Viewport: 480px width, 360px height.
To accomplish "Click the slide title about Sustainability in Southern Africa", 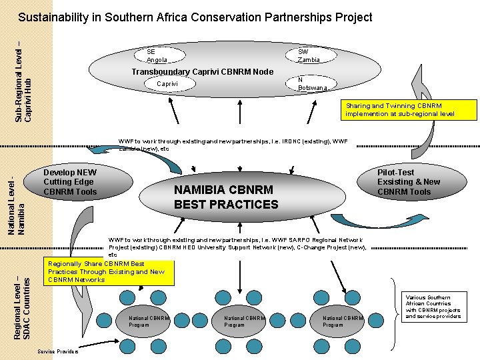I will [195, 18].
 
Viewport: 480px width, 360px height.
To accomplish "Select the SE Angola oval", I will [157, 55].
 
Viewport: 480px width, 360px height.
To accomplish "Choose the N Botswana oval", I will [311, 83].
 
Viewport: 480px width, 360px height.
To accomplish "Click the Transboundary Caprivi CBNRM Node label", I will [203, 71].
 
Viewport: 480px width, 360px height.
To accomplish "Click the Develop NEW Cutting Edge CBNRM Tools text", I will [70, 182].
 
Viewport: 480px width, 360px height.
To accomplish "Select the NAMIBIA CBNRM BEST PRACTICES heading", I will [226, 197].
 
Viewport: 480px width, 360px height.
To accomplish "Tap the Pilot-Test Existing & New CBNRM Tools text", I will [409, 182].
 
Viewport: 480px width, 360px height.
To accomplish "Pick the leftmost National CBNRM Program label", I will [149, 321].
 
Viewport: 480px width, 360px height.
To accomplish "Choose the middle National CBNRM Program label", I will [244, 321].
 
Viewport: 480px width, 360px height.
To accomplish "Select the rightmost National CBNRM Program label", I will [343, 321].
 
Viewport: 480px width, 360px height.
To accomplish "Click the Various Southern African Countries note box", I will [433, 307].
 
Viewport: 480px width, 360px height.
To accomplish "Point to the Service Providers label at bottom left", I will [58, 351].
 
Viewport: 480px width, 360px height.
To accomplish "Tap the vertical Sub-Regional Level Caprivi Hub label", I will [23, 82].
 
